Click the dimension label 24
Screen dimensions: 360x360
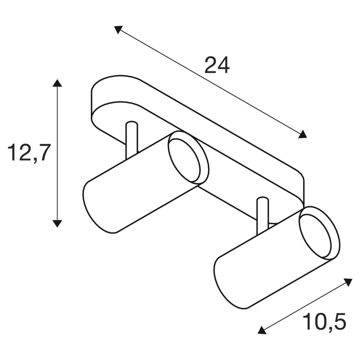[x=217, y=65]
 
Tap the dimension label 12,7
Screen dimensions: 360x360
[x=29, y=153]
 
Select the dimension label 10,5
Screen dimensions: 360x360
[x=324, y=322]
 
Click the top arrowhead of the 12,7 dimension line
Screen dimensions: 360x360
[x=57, y=83]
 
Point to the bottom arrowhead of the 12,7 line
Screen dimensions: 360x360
[x=57, y=223]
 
